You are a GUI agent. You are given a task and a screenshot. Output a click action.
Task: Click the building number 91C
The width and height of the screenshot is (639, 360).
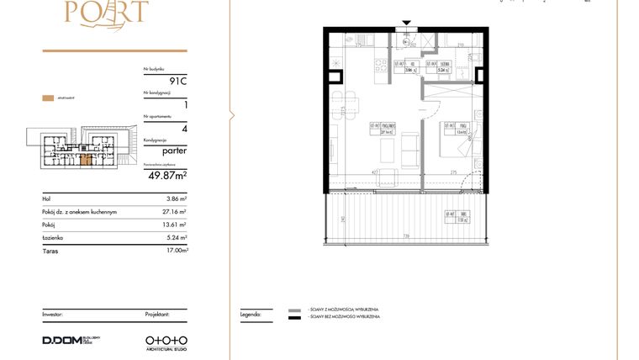pos(177,81)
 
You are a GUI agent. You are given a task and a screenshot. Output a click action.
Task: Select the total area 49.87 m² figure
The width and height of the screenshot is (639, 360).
pos(166,175)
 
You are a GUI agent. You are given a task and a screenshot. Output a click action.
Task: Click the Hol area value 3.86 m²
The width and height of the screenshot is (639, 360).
pos(173,199)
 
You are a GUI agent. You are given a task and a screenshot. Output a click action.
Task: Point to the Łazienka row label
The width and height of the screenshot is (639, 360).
pos(53,237)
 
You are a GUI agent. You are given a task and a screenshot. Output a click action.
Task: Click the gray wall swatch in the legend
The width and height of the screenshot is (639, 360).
pos(293,310)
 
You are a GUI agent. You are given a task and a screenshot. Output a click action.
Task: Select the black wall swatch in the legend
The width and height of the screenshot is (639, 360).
pos(293,318)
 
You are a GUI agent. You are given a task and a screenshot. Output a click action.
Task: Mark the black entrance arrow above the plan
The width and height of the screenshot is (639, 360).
pos(407,24)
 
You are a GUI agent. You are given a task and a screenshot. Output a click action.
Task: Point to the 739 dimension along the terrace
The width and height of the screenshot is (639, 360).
pos(405,237)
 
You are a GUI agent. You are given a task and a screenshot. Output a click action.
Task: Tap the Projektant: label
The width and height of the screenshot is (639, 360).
pos(156,313)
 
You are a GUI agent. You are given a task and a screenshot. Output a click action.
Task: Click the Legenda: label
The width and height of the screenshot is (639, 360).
pos(251,313)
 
